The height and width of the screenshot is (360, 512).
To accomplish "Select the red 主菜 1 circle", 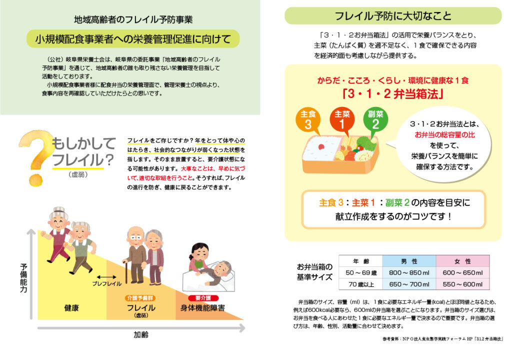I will coord(342,119).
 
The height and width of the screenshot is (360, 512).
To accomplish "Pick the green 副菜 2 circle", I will coord(375,119).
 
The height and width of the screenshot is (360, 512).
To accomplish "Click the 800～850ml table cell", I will coord(408,273).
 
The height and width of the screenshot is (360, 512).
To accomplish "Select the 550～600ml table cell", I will coord(462,284).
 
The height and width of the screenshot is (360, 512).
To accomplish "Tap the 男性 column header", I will coord(408,261).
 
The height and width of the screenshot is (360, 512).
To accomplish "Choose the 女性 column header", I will coord(462,261).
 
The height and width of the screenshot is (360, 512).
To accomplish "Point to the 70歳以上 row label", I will coord(360,284).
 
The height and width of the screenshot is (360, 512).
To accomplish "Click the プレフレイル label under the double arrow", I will coord(106,284).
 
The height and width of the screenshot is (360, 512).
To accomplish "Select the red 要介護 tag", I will coord(202,298).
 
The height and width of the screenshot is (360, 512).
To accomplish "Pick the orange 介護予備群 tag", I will coord(140,298).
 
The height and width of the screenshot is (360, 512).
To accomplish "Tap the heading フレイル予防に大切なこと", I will coord(393,16).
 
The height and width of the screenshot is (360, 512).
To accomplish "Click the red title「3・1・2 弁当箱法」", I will coord(392,93).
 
